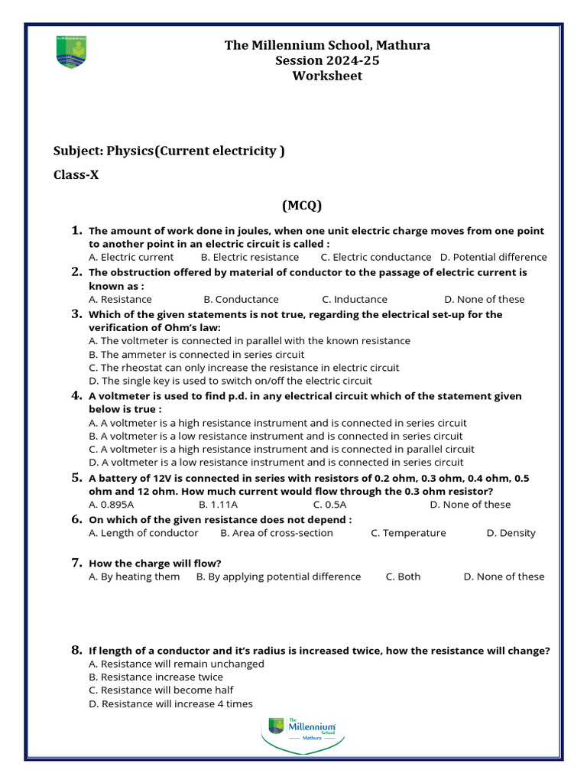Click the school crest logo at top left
[x=66, y=51]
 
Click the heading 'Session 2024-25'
[x=327, y=60]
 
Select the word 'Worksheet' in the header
[x=327, y=76]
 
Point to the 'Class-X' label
[x=76, y=174]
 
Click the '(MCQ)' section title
[x=302, y=205]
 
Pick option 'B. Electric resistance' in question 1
[x=249, y=257]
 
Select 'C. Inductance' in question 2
[x=355, y=299]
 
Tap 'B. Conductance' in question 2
[x=241, y=299]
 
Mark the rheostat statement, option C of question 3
[x=244, y=367]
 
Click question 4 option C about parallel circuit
[x=281, y=449]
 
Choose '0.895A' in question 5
[x=112, y=504]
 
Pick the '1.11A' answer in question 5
[x=218, y=504]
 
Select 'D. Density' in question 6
[x=511, y=533]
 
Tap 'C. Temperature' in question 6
[x=408, y=533]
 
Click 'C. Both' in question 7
[x=403, y=577]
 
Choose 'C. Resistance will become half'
[x=161, y=690]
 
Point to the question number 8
[x=76, y=650]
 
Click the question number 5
[x=76, y=478]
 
